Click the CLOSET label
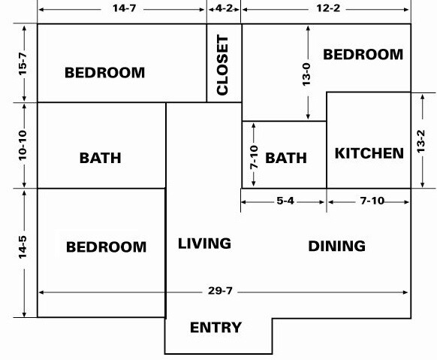coord(222,65)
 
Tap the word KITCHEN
coord(369,153)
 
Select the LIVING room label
coord(204,244)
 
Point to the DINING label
coord(336,246)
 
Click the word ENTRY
coord(215,328)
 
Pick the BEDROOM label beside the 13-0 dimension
coord(363,54)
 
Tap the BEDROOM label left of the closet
coord(105,72)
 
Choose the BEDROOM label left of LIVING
coord(106,247)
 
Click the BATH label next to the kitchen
coord(286,158)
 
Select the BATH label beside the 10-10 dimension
coord(101,158)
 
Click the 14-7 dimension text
coord(125,8)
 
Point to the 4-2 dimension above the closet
coord(224,8)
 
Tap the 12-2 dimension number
coord(328,8)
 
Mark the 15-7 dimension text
coord(23,63)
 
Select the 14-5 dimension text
coord(23,247)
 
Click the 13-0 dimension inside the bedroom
coord(306,74)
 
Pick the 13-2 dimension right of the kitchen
coord(420,141)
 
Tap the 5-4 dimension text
coord(285,201)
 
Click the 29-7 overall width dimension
coord(220,291)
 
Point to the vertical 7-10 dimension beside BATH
coord(254,157)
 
